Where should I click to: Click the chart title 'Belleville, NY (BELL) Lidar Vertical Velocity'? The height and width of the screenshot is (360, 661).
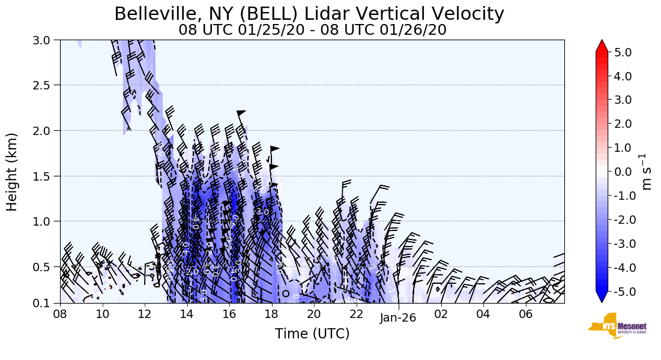coord(309,14)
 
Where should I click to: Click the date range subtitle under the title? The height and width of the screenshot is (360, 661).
coord(312,30)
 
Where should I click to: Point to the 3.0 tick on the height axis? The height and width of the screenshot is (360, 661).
coord(46,40)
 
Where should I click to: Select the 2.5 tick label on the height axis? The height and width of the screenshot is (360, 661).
coord(46,85)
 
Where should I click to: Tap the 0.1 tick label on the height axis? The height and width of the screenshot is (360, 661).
coord(46,303)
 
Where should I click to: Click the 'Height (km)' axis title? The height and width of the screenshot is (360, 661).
coord(12,172)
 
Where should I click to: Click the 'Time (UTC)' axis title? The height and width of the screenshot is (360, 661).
coord(312,334)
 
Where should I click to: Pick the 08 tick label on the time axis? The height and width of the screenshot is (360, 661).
coord(60,314)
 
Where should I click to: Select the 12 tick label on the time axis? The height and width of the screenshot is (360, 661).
coord(145,314)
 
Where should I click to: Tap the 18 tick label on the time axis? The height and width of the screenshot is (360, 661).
coord(272,314)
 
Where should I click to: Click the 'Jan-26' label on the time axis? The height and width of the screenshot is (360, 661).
coord(398,318)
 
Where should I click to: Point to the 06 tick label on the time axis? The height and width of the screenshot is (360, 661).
coord(526,314)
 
